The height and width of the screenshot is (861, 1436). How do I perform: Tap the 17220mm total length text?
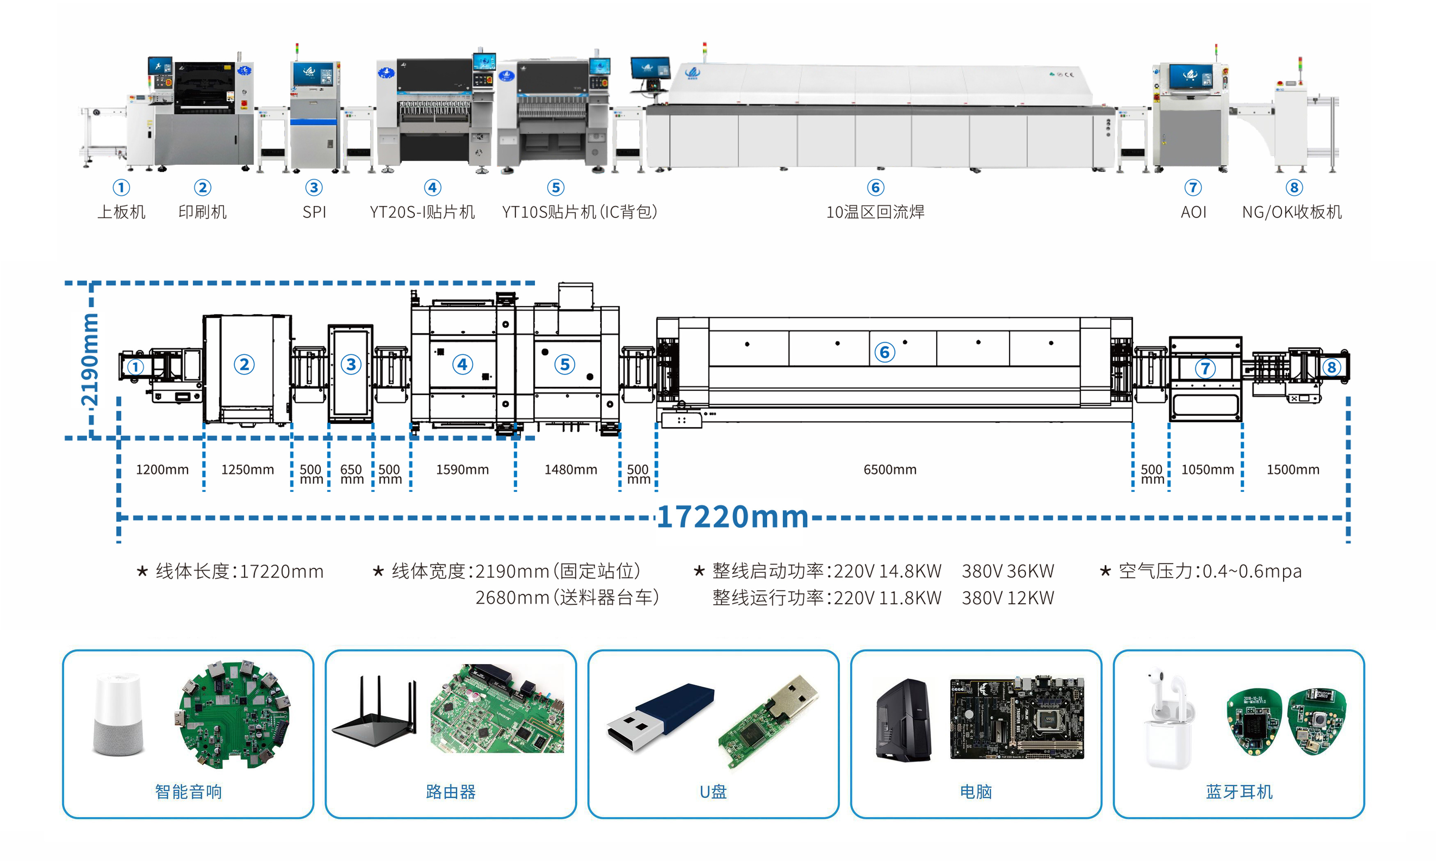tap(732, 516)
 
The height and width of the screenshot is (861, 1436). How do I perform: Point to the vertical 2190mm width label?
tap(89, 360)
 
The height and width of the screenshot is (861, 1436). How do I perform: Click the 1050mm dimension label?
tap(1207, 469)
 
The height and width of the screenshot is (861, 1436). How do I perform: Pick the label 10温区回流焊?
tap(875, 212)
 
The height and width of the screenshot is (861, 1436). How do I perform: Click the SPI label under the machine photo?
tap(314, 212)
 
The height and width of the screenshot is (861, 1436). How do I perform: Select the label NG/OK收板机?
tap(1292, 212)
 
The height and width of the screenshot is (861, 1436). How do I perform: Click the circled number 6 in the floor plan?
tap(884, 352)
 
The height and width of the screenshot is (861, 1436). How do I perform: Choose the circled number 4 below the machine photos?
tap(432, 187)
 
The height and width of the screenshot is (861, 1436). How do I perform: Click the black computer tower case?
tap(903, 720)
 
